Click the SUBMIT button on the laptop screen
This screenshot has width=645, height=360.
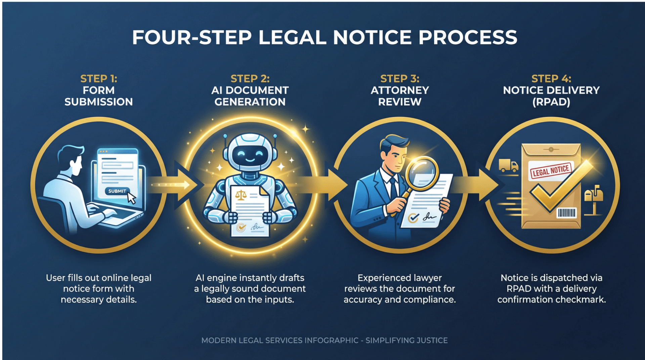pyautogui.click(x=117, y=191)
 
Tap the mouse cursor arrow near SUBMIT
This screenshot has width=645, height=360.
pyautogui.click(x=131, y=198)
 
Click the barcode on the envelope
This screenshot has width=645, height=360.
pyautogui.click(x=567, y=213)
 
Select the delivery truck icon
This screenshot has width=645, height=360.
pyautogui.click(x=508, y=166)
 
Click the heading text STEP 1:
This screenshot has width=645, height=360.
pyautogui.click(x=99, y=79)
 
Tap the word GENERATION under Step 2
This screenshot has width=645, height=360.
pyautogui.click(x=250, y=102)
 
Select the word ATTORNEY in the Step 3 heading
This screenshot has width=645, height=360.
pyautogui.click(x=400, y=90)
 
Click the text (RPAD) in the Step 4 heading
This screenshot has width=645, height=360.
pyautogui.click(x=551, y=102)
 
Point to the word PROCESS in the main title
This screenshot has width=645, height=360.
pyautogui.click(x=468, y=37)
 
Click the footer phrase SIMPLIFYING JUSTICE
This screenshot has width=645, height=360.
pyautogui.click(x=406, y=340)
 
